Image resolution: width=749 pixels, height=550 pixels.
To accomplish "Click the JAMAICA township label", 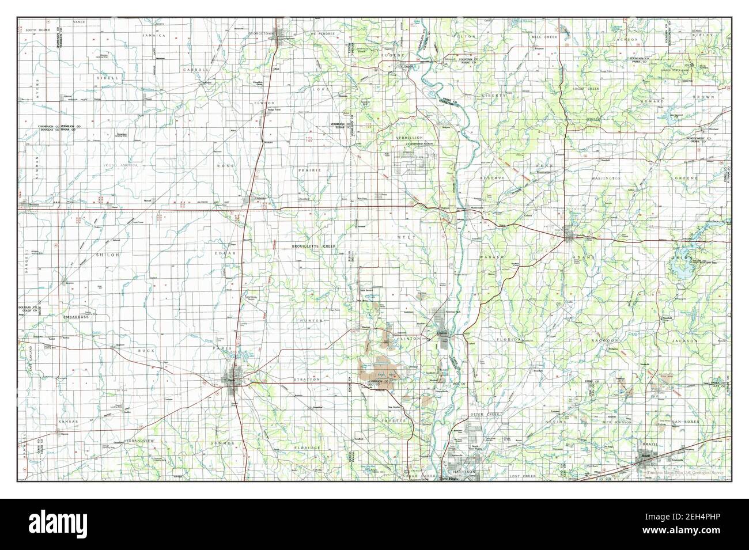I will point(154,36).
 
